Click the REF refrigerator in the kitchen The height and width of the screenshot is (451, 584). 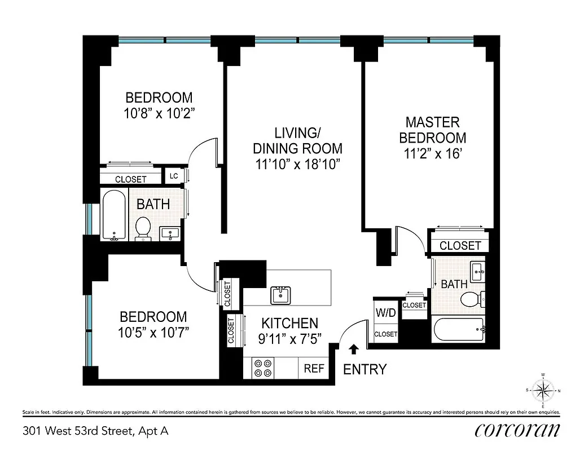pyautogui.click(x=314, y=368)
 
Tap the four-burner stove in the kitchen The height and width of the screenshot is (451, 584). pyautogui.click(x=262, y=368)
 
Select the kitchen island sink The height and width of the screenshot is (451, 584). pyautogui.click(x=280, y=294)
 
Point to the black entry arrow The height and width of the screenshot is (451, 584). pyautogui.click(x=354, y=350)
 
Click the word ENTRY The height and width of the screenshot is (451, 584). pyautogui.click(x=365, y=370)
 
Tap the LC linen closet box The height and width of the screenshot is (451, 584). pyautogui.click(x=174, y=176)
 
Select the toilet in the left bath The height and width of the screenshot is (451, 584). pyautogui.click(x=144, y=229)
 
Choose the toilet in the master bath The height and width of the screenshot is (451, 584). pyautogui.click(x=469, y=299)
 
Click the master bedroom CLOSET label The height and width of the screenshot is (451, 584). pyautogui.click(x=460, y=246)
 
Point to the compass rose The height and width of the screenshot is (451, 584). pyautogui.click(x=542, y=390)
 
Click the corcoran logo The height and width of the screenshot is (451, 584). pyautogui.click(x=517, y=430)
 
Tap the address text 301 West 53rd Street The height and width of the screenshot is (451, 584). pyautogui.click(x=95, y=431)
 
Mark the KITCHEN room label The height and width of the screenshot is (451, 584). pyautogui.click(x=289, y=324)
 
